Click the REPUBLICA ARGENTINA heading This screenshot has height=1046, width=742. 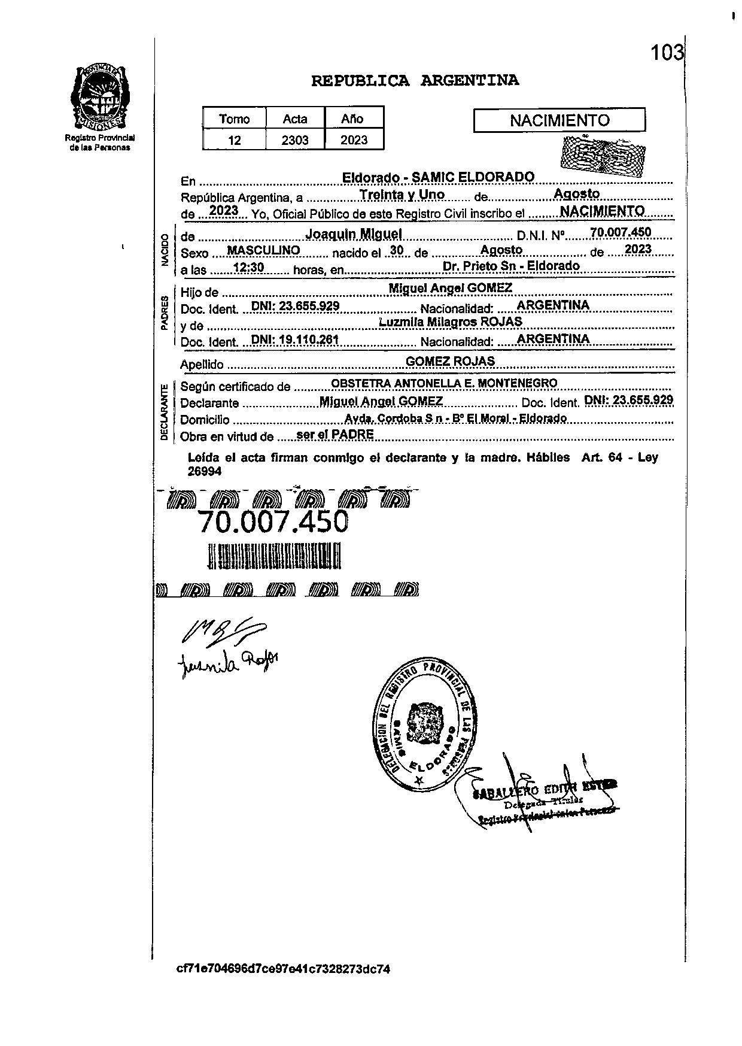(415, 81)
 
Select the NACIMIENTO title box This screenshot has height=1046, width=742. (559, 120)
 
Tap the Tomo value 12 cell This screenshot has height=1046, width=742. (235, 140)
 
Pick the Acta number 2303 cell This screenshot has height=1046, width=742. (295, 140)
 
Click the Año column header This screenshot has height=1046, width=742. (352, 119)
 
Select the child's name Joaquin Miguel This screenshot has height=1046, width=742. (354, 234)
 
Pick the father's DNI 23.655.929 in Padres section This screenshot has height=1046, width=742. (296, 306)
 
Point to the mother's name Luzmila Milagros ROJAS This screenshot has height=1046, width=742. (451, 322)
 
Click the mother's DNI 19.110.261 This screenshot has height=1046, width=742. (295, 340)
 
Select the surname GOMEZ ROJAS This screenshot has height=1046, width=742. (450, 361)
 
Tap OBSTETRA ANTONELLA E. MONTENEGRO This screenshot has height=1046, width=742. (444, 383)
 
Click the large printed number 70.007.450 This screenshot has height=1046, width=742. (273, 522)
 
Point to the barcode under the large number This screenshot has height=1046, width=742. (274, 556)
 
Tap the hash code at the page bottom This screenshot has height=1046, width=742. (283, 969)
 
